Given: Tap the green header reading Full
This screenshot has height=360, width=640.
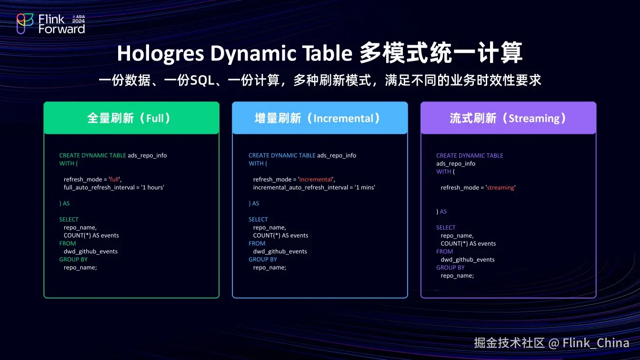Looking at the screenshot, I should [131, 118].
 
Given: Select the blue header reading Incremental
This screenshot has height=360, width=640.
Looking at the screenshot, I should [320, 118].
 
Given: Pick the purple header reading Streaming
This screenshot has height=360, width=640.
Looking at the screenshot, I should [508, 118].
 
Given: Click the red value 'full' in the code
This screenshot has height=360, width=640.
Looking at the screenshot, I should [115, 180].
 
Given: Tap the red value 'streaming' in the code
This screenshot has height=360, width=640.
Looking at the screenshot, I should [500, 188].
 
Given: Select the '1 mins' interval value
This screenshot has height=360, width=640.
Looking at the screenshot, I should [362, 188].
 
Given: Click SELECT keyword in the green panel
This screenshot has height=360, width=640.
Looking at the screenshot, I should [69, 220].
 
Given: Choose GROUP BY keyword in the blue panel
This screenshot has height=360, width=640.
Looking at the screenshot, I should [262, 260].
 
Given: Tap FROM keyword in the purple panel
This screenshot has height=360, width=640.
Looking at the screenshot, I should [444, 251].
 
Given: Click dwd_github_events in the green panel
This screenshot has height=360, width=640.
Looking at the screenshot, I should [90, 251].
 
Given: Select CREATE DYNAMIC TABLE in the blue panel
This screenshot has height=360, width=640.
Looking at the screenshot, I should [282, 155].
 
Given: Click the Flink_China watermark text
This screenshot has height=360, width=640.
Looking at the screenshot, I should [595, 343].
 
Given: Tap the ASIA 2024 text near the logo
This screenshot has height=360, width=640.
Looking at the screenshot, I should [78, 19].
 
